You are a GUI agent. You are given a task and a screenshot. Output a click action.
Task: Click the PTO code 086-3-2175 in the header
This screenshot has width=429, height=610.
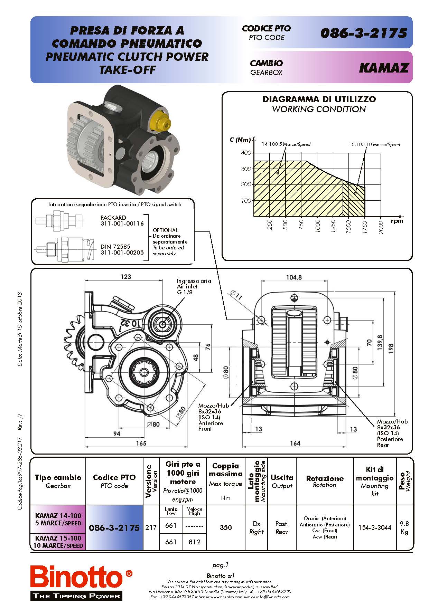click(363, 33)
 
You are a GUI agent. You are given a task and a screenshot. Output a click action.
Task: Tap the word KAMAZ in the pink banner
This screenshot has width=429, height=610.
click(384, 68)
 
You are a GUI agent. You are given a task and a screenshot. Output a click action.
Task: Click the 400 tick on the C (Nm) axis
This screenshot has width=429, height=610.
click(246, 153)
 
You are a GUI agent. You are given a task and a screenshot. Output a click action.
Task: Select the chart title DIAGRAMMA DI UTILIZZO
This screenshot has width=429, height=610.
click(319, 99)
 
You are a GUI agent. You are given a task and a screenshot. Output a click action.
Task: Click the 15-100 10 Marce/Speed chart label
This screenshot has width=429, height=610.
click(374, 144)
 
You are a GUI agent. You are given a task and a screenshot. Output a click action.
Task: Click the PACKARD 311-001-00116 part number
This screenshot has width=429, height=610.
click(122, 221)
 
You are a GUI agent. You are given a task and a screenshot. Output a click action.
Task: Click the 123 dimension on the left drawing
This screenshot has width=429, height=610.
click(126, 277)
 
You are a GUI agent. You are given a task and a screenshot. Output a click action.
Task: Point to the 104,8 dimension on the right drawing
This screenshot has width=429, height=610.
click(294, 277)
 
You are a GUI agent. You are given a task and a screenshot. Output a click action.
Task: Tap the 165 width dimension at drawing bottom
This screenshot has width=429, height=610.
click(141, 443)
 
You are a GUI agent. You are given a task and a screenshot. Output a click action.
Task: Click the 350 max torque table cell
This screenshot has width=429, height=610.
click(225, 527)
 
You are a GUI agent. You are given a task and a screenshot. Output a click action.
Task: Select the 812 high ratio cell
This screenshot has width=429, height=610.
click(194, 542)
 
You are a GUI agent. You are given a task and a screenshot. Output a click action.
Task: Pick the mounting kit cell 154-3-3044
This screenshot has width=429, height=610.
click(374, 527)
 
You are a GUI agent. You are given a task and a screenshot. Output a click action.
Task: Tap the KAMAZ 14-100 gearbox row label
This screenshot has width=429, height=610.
click(58, 519)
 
